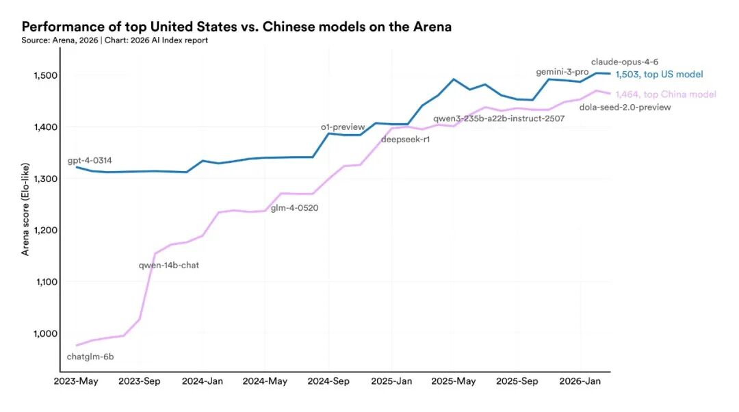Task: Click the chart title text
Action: click(x=236, y=27)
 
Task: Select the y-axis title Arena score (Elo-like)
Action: click(x=26, y=205)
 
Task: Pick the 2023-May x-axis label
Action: click(x=76, y=381)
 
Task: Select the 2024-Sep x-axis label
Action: click(x=329, y=381)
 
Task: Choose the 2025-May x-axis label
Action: click(x=455, y=381)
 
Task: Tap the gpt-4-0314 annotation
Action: click(x=90, y=161)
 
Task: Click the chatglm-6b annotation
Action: click(x=90, y=357)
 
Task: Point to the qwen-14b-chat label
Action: click(x=169, y=265)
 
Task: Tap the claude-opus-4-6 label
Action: click(x=625, y=62)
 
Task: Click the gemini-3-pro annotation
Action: click(x=562, y=73)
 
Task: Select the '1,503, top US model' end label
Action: click(x=659, y=75)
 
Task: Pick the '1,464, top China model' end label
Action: click(x=665, y=94)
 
